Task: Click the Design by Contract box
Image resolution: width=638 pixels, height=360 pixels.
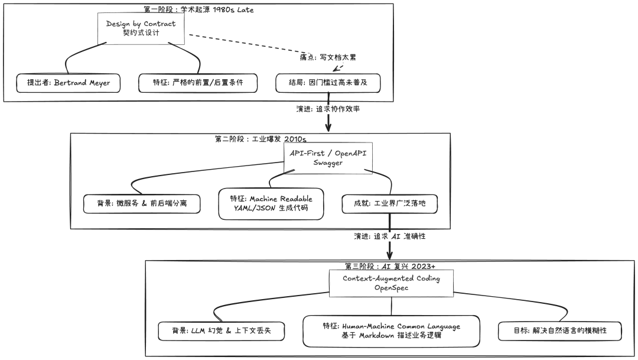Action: (x=141, y=28)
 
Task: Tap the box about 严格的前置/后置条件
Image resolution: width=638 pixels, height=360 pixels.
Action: (x=198, y=83)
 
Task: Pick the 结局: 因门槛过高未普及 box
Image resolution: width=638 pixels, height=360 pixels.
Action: (x=327, y=83)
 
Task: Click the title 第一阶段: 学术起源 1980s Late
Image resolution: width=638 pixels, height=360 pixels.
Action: (x=198, y=9)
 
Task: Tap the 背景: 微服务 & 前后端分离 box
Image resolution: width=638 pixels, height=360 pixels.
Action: (x=141, y=204)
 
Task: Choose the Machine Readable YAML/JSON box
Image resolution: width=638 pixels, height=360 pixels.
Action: (x=271, y=204)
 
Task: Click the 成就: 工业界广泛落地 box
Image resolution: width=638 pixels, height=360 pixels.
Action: (x=390, y=204)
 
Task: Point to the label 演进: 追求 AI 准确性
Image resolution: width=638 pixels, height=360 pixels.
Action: (x=390, y=236)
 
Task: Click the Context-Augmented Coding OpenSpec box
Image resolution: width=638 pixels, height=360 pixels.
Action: (x=391, y=283)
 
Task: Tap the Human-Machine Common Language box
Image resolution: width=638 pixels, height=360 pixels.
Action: (x=391, y=331)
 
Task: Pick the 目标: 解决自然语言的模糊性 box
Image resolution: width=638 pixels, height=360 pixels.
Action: (x=559, y=332)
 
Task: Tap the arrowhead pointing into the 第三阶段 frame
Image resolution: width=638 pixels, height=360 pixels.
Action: (x=390, y=254)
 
